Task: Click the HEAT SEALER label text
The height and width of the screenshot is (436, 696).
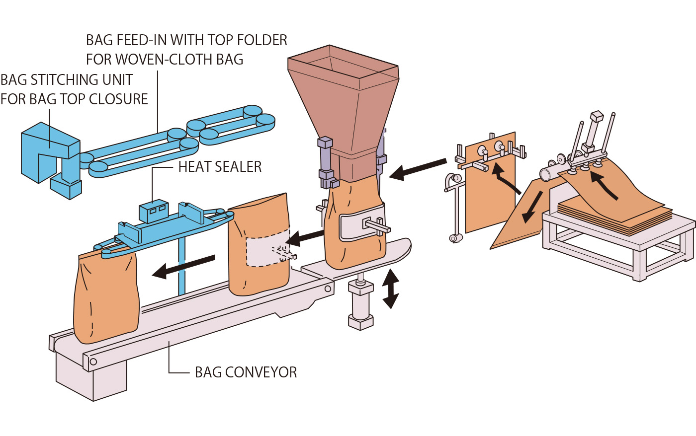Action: (x=220, y=167)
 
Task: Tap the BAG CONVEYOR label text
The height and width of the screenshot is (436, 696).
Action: (x=246, y=372)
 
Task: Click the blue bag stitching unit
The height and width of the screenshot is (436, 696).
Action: (x=50, y=154)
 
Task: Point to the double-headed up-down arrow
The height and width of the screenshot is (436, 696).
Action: (x=391, y=289)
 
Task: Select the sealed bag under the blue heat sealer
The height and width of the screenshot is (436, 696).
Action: (x=105, y=298)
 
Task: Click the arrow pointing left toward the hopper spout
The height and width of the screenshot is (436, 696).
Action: (x=418, y=168)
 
